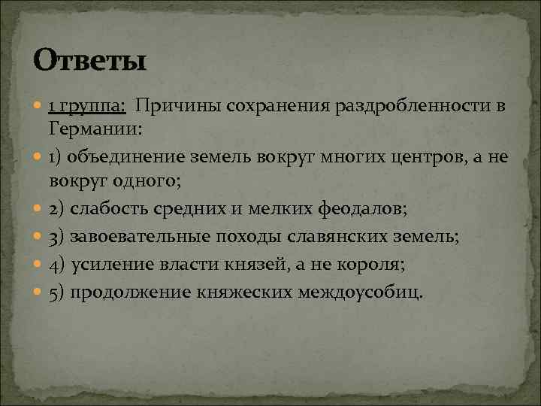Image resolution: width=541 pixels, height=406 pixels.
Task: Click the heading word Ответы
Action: [89, 60]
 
